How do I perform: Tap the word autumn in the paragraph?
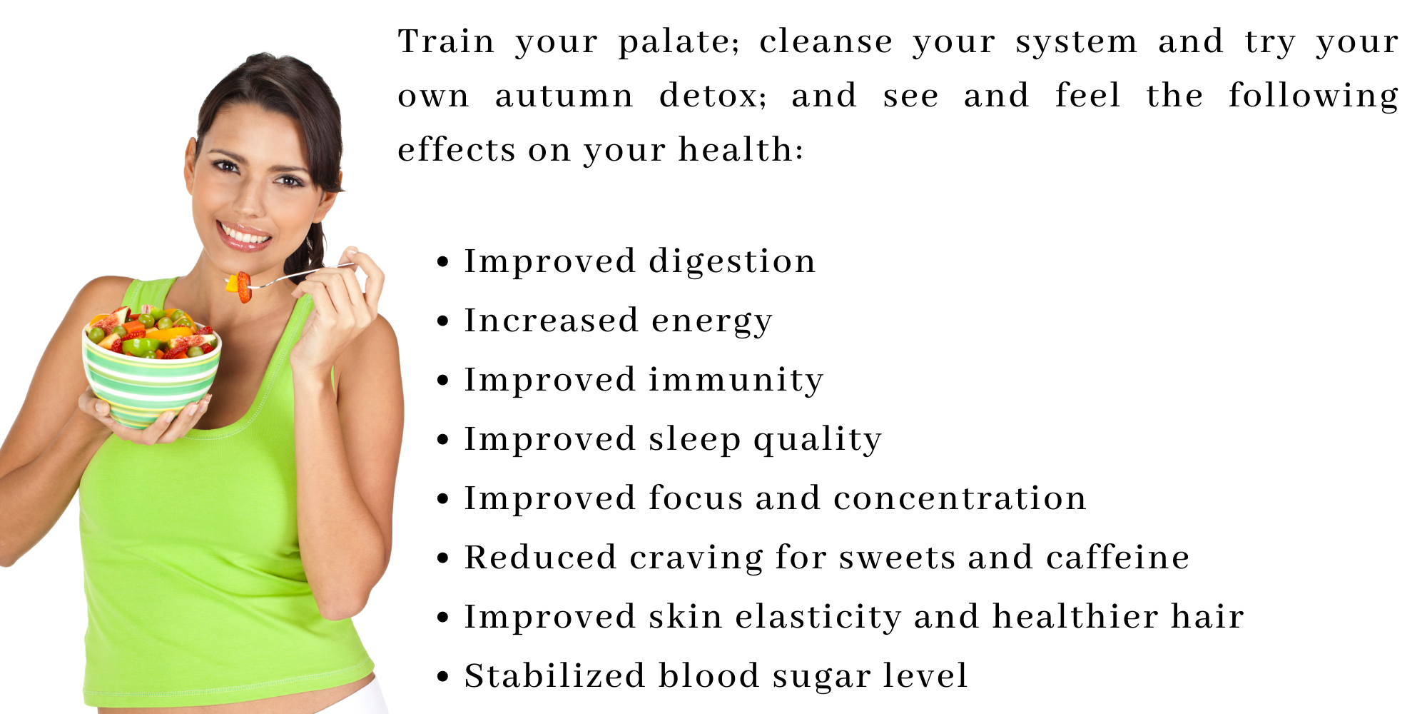point(564,96)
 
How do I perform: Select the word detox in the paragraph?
point(711,95)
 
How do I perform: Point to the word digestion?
point(732,262)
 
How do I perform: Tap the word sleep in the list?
point(695,440)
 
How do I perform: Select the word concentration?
point(960,498)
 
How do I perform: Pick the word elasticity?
point(818,617)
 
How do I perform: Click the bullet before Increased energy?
point(443,321)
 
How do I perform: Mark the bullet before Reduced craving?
point(443,558)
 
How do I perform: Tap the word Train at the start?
point(446,41)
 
